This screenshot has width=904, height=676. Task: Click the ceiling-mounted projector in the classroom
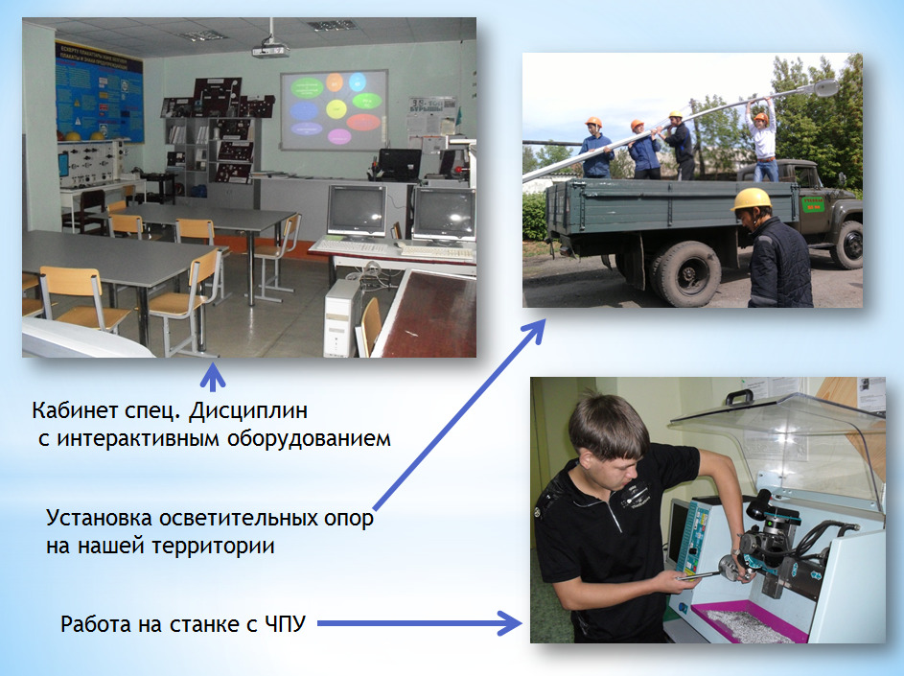[270, 50]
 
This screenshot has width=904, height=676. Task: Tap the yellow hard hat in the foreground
[752, 199]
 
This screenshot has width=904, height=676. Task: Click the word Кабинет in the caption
[69, 410]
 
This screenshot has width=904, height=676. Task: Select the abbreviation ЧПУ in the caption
[286, 624]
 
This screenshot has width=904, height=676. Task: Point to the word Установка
[99, 519]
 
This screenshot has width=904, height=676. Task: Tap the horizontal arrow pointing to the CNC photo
[420, 623]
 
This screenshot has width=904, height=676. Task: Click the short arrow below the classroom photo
[213, 377]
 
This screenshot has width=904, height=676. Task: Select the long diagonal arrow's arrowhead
[535, 331]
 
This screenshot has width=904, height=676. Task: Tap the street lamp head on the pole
[824, 88]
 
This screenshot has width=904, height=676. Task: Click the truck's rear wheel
[686, 273]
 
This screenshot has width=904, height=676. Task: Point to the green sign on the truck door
[812, 204]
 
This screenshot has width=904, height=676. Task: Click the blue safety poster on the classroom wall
[99, 92]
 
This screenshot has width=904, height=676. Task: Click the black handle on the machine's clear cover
[738, 397]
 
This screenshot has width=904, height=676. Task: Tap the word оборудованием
[309, 439]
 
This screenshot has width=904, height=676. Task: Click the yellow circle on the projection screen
[336, 108]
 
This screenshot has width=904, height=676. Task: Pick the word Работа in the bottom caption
[96, 624]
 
